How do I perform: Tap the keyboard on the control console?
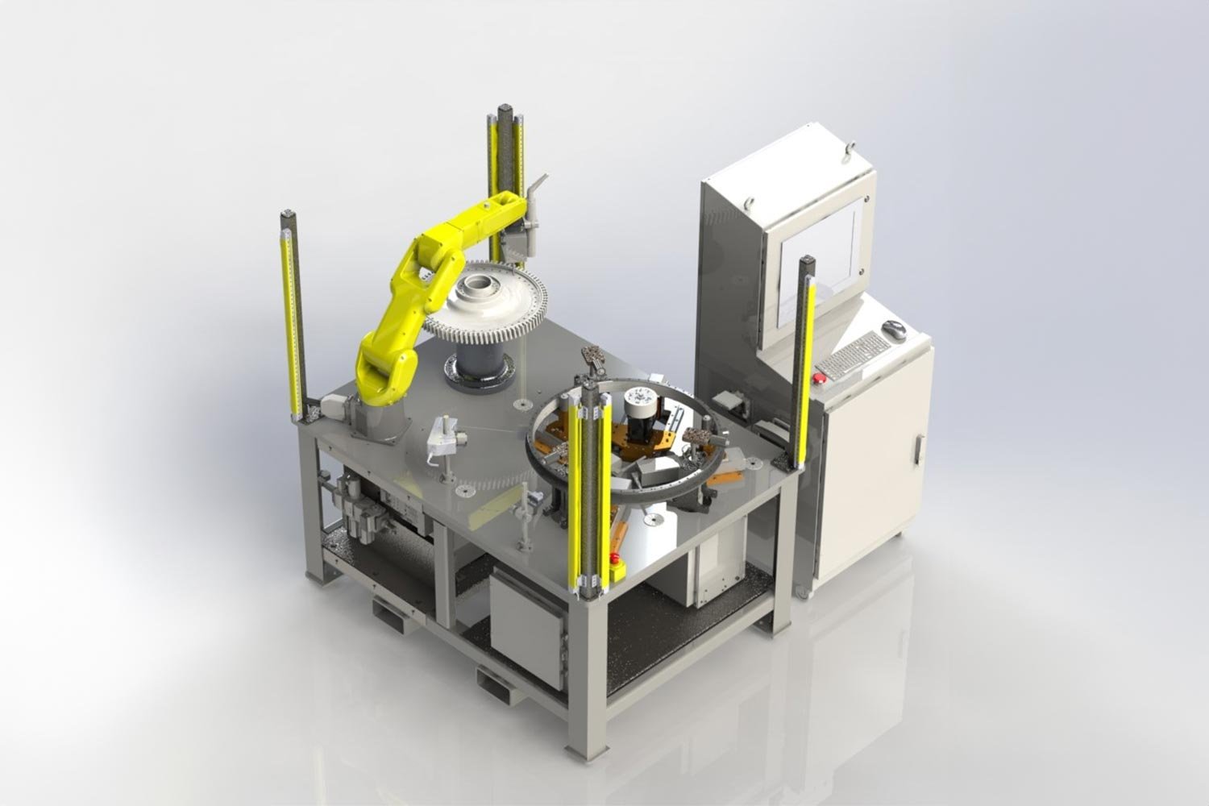pyautogui.click(x=855, y=355)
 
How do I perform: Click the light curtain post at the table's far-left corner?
pyautogui.click(x=293, y=314)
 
